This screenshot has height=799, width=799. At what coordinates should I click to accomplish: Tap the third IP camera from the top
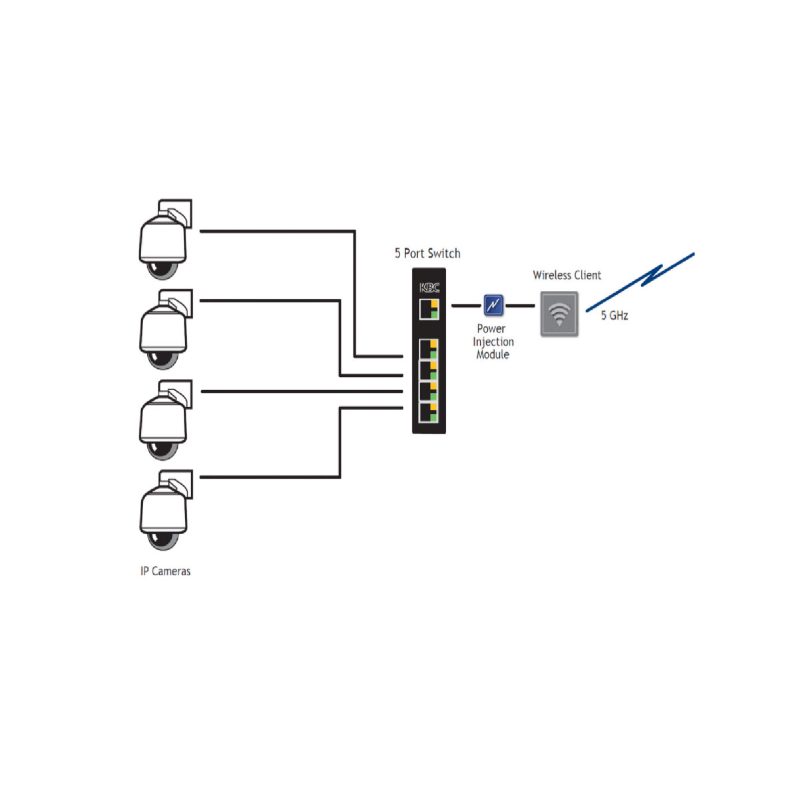point(163,422)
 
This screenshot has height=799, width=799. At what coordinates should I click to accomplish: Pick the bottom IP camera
point(163,513)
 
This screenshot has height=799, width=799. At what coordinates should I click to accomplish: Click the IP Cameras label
point(165,571)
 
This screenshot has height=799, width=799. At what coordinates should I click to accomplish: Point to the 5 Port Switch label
point(427,253)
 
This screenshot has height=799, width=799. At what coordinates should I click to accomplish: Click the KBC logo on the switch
point(429,288)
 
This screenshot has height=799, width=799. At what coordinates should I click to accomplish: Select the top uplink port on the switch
point(429,310)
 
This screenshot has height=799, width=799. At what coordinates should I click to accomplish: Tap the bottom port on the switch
point(429,413)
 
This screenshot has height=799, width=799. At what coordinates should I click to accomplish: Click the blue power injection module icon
point(493,306)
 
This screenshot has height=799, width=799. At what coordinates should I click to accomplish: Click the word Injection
point(493,342)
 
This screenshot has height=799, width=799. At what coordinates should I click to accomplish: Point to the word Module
point(493,355)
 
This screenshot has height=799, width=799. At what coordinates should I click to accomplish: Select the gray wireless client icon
point(559,314)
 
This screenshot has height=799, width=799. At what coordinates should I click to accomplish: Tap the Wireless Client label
point(567,275)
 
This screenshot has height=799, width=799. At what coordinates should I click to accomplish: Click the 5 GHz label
point(615,316)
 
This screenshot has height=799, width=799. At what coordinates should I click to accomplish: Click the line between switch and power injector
point(465,306)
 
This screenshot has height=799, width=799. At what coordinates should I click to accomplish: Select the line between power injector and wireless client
point(520,306)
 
